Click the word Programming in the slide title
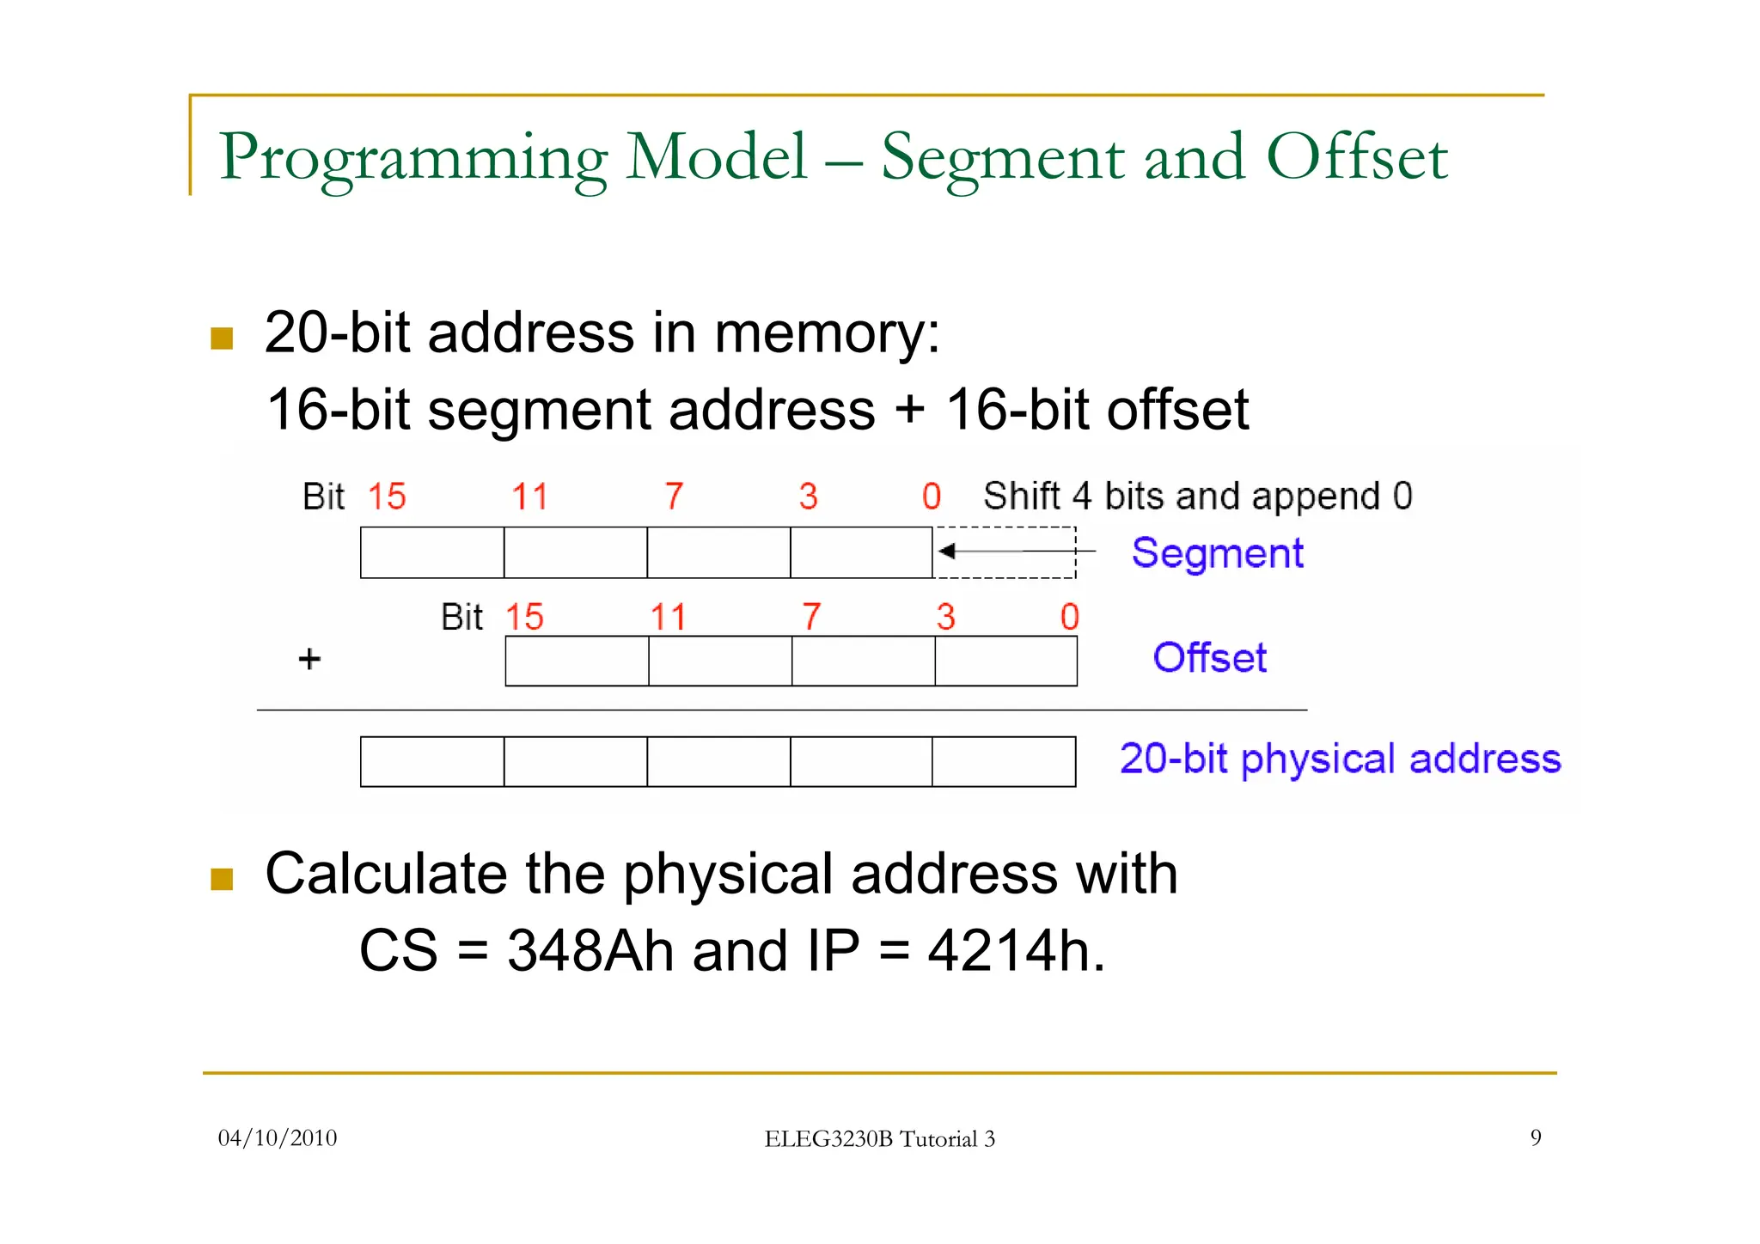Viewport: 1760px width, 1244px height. pyautogui.click(x=413, y=158)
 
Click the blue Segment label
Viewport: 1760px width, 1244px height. pyautogui.click(x=1217, y=553)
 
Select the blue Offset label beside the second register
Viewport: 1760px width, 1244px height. pyautogui.click(x=1209, y=658)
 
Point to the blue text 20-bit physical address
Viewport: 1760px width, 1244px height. pyautogui.click(x=1340, y=759)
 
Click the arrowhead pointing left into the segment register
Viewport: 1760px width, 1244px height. pyautogui.click(x=946, y=551)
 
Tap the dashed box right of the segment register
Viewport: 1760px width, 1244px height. pyautogui.click(x=1005, y=552)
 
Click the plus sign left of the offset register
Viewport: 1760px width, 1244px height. pyautogui.click(x=309, y=659)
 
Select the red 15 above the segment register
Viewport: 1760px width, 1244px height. pyautogui.click(x=387, y=497)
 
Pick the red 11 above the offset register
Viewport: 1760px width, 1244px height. pyautogui.click(x=668, y=617)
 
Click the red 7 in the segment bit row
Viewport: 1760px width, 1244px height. pyautogui.click(x=674, y=497)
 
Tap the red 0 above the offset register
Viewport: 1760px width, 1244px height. pyautogui.click(x=1069, y=617)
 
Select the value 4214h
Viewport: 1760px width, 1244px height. pyautogui.click(x=1015, y=951)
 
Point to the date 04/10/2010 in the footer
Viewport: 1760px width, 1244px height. pyautogui.click(x=278, y=1138)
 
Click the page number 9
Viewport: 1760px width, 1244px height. pyautogui.click(x=1535, y=1138)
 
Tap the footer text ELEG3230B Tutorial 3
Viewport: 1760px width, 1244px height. pyautogui.click(x=879, y=1139)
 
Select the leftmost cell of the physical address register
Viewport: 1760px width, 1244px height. pyautogui.click(x=432, y=761)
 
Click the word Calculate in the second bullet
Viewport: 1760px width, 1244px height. pyautogui.click(x=386, y=875)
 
